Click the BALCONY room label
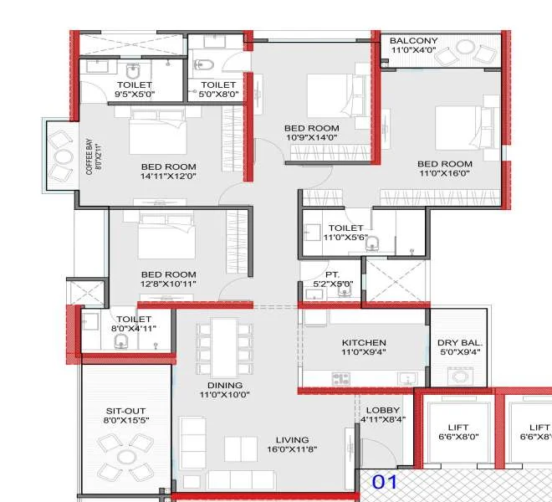(413, 41)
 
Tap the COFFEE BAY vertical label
(89, 156)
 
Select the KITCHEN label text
(364, 343)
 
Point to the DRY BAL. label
(460, 343)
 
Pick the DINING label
(225, 386)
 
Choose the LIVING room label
(292, 440)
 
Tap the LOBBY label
(383, 411)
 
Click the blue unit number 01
(385, 482)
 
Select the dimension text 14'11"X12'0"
(168, 177)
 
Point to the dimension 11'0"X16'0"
(445, 173)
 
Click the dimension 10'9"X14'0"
(312, 137)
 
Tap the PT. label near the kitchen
(332, 274)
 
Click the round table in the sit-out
(126, 458)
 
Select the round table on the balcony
(465, 48)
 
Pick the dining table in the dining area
(225, 348)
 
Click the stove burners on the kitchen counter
(340, 379)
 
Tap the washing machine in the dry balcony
(460, 376)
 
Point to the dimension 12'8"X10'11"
(168, 284)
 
